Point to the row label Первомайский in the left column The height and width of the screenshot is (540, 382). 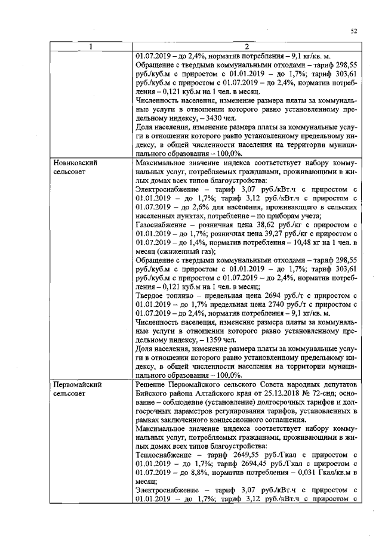pyautogui.click(x=78, y=385)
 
